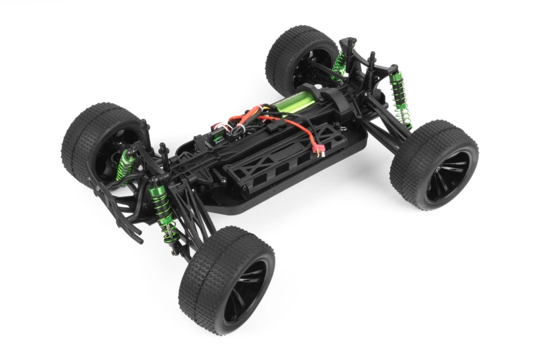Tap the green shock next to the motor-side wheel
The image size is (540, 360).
point(339,62)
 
